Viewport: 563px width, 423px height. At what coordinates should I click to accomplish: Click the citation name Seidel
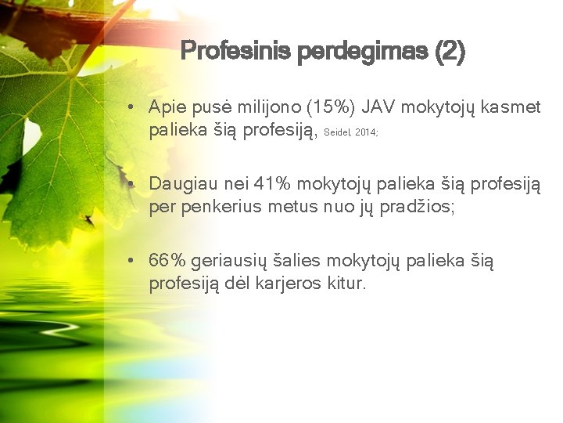point(336,133)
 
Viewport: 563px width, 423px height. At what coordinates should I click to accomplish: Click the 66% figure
point(166,260)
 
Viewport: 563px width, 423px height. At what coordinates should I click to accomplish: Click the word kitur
point(346,284)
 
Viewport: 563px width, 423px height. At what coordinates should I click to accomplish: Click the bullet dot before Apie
point(136,107)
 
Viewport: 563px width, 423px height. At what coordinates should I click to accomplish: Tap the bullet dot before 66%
point(136,260)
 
